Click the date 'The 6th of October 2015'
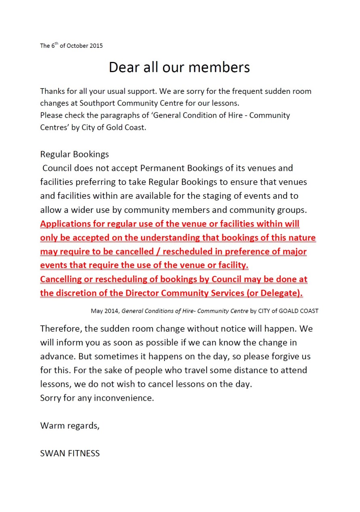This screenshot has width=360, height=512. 71,46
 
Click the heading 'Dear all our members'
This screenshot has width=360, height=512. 179,67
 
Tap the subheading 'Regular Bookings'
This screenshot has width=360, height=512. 74,154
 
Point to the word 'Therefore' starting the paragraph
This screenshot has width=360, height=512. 61,329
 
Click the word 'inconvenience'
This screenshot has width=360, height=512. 124,398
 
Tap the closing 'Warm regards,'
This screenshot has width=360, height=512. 70,425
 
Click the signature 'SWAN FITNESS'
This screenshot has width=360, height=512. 70,453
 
